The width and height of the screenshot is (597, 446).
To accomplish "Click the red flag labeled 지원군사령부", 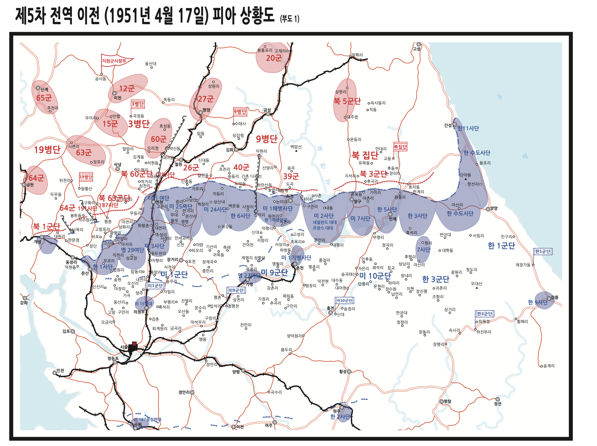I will click(x=114, y=61).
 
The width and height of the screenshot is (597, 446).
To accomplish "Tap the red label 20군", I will click(x=274, y=58).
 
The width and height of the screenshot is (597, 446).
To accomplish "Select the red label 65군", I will click(x=44, y=98).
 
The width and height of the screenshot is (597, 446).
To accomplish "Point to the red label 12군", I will click(x=127, y=89).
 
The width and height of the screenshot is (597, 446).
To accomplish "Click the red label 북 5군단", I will click(x=347, y=101).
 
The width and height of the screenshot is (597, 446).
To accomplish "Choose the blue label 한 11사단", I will click(x=468, y=128).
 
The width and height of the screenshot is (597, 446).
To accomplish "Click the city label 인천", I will click(x=60, y=371).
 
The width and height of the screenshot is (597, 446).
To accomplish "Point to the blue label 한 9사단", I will click(x=538, y=302).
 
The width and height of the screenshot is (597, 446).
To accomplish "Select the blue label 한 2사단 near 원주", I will click(x=340, y=416).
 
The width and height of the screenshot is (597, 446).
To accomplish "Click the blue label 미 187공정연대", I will click(x=147, y=420).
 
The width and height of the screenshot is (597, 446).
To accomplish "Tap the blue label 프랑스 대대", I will click(x=323, y=228).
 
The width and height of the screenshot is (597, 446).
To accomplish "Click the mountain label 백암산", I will click(x=296, y=147).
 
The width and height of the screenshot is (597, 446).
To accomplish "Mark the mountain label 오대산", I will click(x=476, y=284).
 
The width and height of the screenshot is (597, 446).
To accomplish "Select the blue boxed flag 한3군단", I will click(x=485, y=314).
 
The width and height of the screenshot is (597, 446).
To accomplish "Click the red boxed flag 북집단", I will click(x=400, y=147).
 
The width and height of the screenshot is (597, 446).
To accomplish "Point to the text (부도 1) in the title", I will click(x=289, y=19).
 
